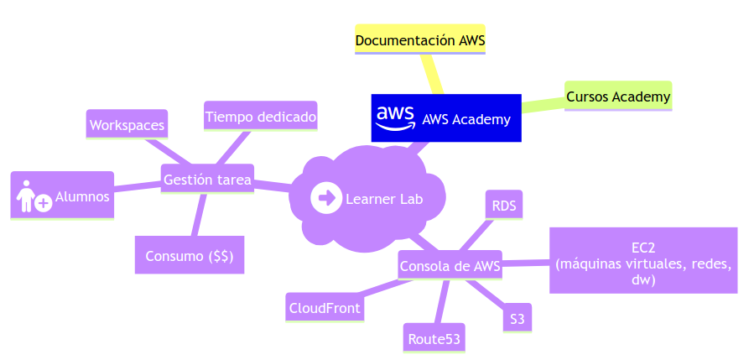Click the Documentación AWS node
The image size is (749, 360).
click(x=420, y=39)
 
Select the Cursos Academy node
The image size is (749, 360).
click(x=618, y=97)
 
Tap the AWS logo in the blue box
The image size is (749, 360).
click(x=395, y=118)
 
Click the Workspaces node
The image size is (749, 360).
click(x=127, y=125)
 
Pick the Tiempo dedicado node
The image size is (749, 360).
click(x=261, y=117)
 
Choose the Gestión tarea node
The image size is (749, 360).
click(x=207, y=180)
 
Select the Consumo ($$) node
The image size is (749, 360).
click(x=190, y=256)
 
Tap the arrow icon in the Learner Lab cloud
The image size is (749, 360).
click(x=325, y=199)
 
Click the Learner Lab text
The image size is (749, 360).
click(x=384, y=199)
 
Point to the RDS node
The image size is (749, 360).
click(x=504, y=206)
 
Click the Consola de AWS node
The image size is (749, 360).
click(x=450, y=267)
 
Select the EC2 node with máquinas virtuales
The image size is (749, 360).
click(x=643, y=261)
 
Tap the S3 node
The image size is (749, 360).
click(x=518, y=319)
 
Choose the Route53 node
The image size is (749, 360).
click(x=434, y=339)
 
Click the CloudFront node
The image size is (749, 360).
click(x=325, y=308)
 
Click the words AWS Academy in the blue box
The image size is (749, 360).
click(x=466, y=119)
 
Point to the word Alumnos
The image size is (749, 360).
click(x=82, y=197)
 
